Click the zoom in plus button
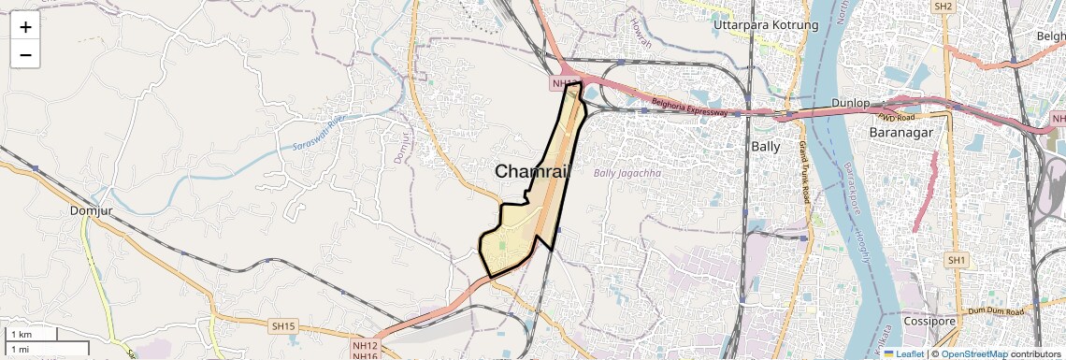tap(25, 26)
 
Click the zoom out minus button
tap(25, 54)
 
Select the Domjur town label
tap(91, 210)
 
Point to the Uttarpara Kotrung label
tap(765, 24)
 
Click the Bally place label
tap(766, 146)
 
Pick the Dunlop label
tap(851, 102)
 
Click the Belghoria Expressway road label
tap(689, 106)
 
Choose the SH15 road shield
tap(282, 326)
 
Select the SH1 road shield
tap(956, 260)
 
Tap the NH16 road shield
tap(365, 355)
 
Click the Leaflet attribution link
tap(904, 353)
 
